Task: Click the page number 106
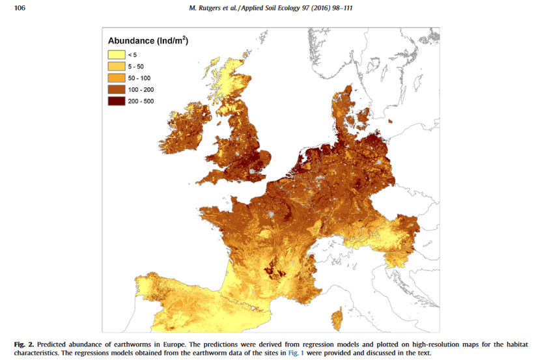(20, 7)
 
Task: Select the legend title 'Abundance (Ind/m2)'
(148, 40)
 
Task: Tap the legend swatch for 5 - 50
(117, 66)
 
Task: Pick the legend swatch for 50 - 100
(117, 77)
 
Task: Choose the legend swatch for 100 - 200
(117, 89)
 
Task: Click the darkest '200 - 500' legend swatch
(117, 101)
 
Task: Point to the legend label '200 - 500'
(141, 101)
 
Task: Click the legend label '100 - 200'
(141, 89)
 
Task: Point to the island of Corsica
(338, 318)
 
